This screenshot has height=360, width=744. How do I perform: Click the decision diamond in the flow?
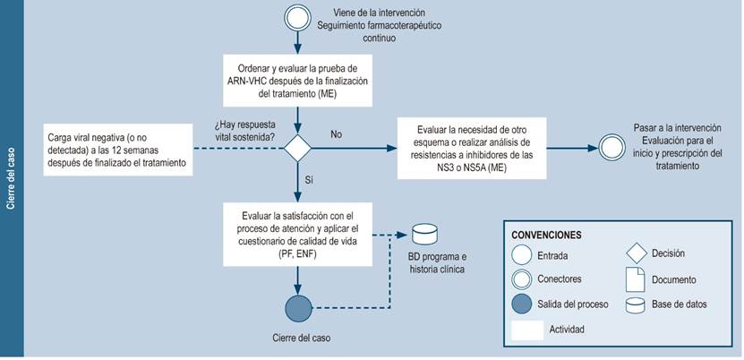click(297, 147)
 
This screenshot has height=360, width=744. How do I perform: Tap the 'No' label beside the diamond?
click(336, 134)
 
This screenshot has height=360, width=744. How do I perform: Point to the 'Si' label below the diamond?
click(310, 180)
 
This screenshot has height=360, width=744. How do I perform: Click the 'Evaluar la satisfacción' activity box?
click(297, 236)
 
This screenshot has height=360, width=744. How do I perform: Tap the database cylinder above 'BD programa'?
click(424, 236)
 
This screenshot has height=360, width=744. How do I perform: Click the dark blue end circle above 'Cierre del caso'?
click(297, 308)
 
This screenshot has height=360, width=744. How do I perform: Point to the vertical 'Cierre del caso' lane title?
click(12, 179)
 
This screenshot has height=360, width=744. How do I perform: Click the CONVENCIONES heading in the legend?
click(546, 235)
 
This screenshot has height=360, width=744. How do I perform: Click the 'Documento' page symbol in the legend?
click(633, 280)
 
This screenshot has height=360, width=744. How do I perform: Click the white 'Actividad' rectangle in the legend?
click(526, 330)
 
